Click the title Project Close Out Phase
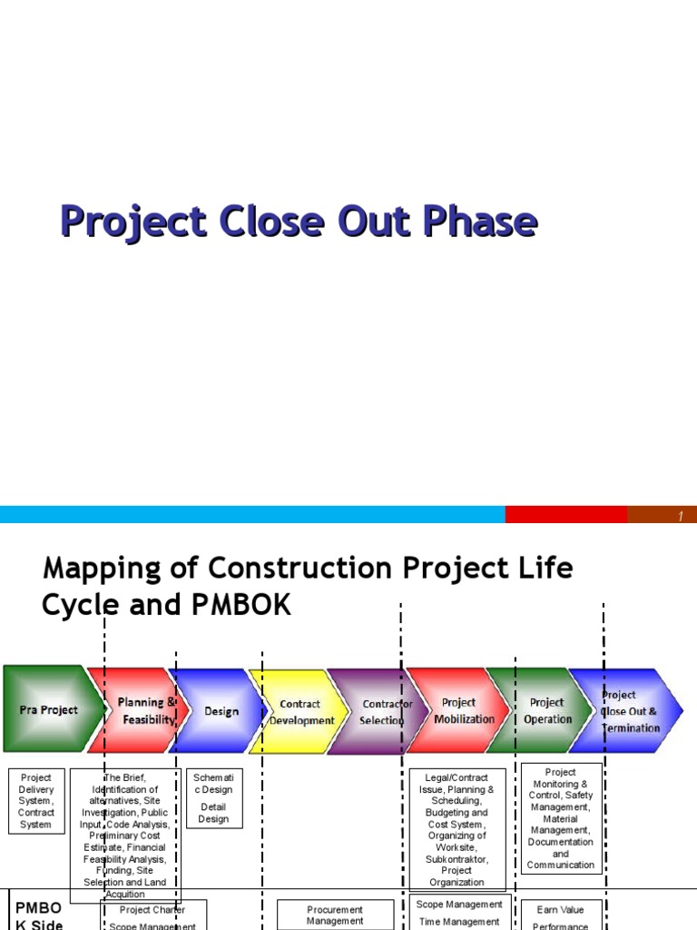[299, 223]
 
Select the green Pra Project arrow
[47, 709]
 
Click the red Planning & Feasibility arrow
[141, 710]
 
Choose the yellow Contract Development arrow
[297, 711]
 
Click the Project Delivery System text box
[36, 801]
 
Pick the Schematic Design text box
[213, 798]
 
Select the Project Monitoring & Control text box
[561, 818]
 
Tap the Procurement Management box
[335, 915]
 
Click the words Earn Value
[560, 909]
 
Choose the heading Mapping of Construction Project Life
[308, 569]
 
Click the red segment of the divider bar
[565, 515]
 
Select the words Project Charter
[152, 909]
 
